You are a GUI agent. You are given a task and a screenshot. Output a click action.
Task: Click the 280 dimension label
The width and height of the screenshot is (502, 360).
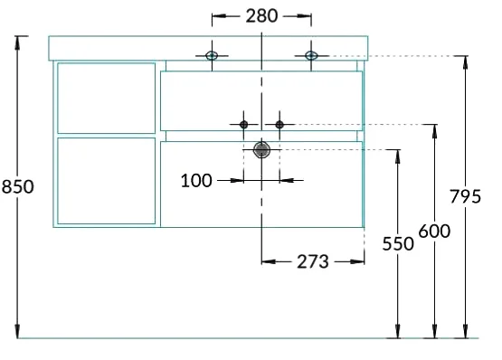[261, 16]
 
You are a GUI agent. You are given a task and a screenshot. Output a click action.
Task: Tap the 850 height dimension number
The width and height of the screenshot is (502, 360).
[17, 186]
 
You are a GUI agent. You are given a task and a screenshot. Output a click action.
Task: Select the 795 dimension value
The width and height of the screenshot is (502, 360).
[465, 196]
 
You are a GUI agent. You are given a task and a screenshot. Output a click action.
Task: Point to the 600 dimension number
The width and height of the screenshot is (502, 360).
[434, 231]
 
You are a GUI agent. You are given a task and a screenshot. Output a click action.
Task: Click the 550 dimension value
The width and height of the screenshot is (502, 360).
[398, 243]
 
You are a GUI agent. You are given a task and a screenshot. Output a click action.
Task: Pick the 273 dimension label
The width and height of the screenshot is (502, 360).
[313, 261]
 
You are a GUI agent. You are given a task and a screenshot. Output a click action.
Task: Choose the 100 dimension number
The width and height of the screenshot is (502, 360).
[196, 181]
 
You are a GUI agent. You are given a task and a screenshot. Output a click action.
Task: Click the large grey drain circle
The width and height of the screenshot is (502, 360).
[262, 150]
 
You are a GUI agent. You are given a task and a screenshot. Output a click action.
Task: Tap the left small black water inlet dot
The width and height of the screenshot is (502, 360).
[243, 124]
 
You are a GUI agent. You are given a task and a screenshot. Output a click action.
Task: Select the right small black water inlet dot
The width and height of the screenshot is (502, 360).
[279, 124]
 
